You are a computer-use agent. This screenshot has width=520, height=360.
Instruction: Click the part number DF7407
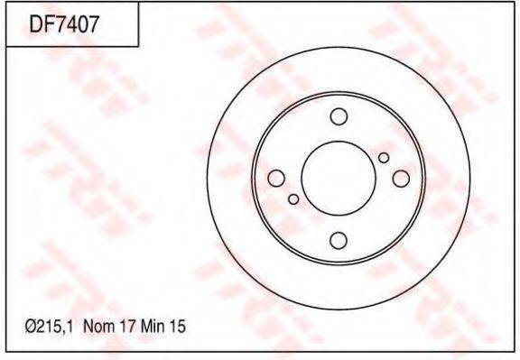coord(64,24)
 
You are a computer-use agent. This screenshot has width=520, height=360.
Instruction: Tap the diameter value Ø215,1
coord(51,327)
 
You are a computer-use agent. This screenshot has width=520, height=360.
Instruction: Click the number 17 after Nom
coord(128,327)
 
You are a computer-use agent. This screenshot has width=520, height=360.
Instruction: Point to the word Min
coord(153,327)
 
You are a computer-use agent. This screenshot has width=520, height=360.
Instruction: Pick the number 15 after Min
coord(178,327)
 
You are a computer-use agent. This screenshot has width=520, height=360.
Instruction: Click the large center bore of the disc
coord(339,179)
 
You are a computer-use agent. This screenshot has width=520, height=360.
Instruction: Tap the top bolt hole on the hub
coord(339,116)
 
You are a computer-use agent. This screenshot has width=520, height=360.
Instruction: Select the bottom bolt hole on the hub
coord(339,240)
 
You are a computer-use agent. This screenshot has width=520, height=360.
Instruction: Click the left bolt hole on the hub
coord(276,179)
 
